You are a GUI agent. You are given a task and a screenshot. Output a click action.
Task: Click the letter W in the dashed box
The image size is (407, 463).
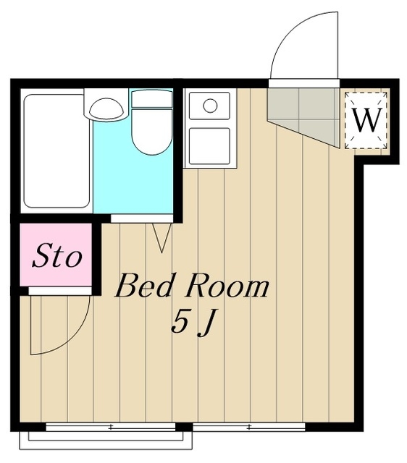366,120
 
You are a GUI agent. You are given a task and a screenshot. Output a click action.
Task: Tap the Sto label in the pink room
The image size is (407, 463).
56,255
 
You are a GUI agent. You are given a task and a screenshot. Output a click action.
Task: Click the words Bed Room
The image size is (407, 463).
192,286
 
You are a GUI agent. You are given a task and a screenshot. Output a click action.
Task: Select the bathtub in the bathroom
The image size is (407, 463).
56,151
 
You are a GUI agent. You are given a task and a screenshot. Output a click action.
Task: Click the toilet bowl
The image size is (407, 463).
151,132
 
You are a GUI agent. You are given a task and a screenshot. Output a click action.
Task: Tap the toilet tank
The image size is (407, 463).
151,99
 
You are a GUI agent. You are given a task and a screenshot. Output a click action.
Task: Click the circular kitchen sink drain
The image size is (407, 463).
210,106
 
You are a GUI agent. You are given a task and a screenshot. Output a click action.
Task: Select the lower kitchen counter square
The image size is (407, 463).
209,146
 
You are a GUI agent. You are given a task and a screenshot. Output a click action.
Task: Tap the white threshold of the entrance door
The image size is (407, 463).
304,83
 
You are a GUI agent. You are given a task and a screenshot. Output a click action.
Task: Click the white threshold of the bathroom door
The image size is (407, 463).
142,218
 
